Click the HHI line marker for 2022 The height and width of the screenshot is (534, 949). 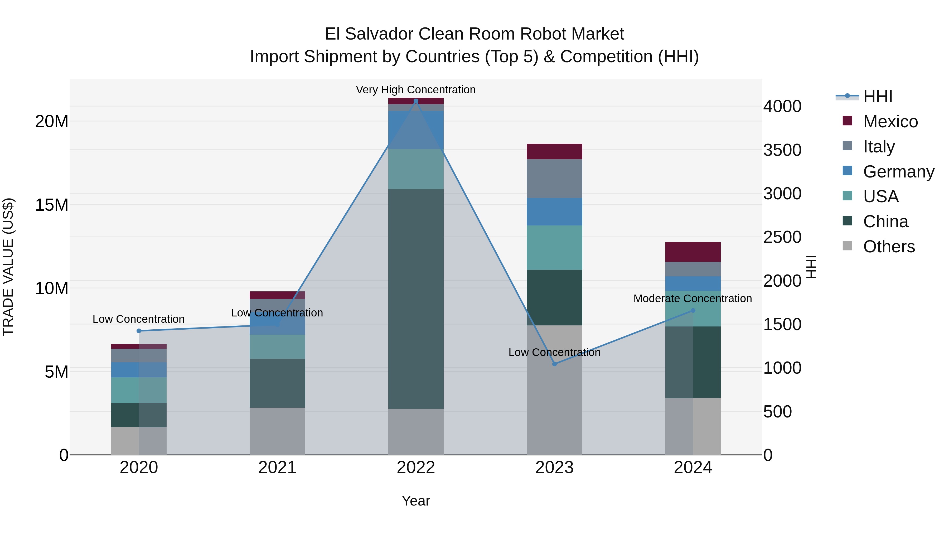(416, 101)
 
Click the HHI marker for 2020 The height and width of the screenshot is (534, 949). (139, 331)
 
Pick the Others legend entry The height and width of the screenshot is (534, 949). (889, 247)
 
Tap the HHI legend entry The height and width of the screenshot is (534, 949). (878, 97)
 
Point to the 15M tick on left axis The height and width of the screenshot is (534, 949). (52, 205)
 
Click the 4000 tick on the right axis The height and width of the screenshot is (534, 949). (782, 107)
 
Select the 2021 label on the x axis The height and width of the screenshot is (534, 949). (277, 468)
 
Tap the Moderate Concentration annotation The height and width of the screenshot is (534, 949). (693, 299)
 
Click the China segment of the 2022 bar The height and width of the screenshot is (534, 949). (416, 299)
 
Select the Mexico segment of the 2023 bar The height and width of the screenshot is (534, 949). (554, 151)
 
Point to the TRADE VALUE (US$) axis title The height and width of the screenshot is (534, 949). (8, 267)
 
